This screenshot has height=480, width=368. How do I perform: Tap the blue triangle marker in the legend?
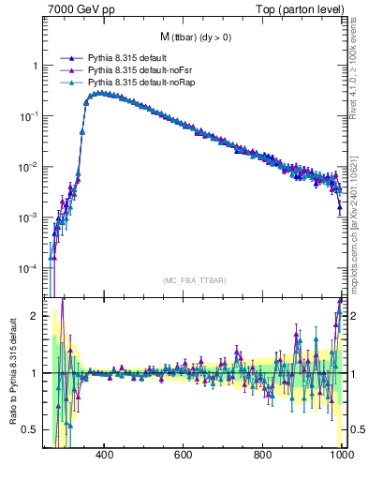click(68, 58)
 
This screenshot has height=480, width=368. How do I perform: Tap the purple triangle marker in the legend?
click(68, 70)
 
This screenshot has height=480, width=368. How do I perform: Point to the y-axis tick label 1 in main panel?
click(36, 67)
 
